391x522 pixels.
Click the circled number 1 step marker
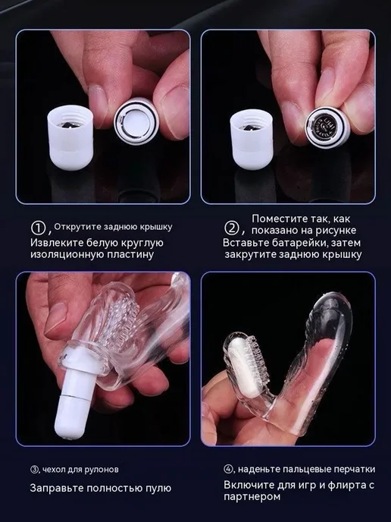pos(38,228)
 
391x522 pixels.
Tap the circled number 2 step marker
pos(232,228)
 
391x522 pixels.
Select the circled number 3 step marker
pos(34,470)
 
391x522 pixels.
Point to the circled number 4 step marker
pos(228,469)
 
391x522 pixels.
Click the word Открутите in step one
pos(77,227)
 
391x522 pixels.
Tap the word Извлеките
pos(57,243)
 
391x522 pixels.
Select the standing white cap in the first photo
pos(70,137)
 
